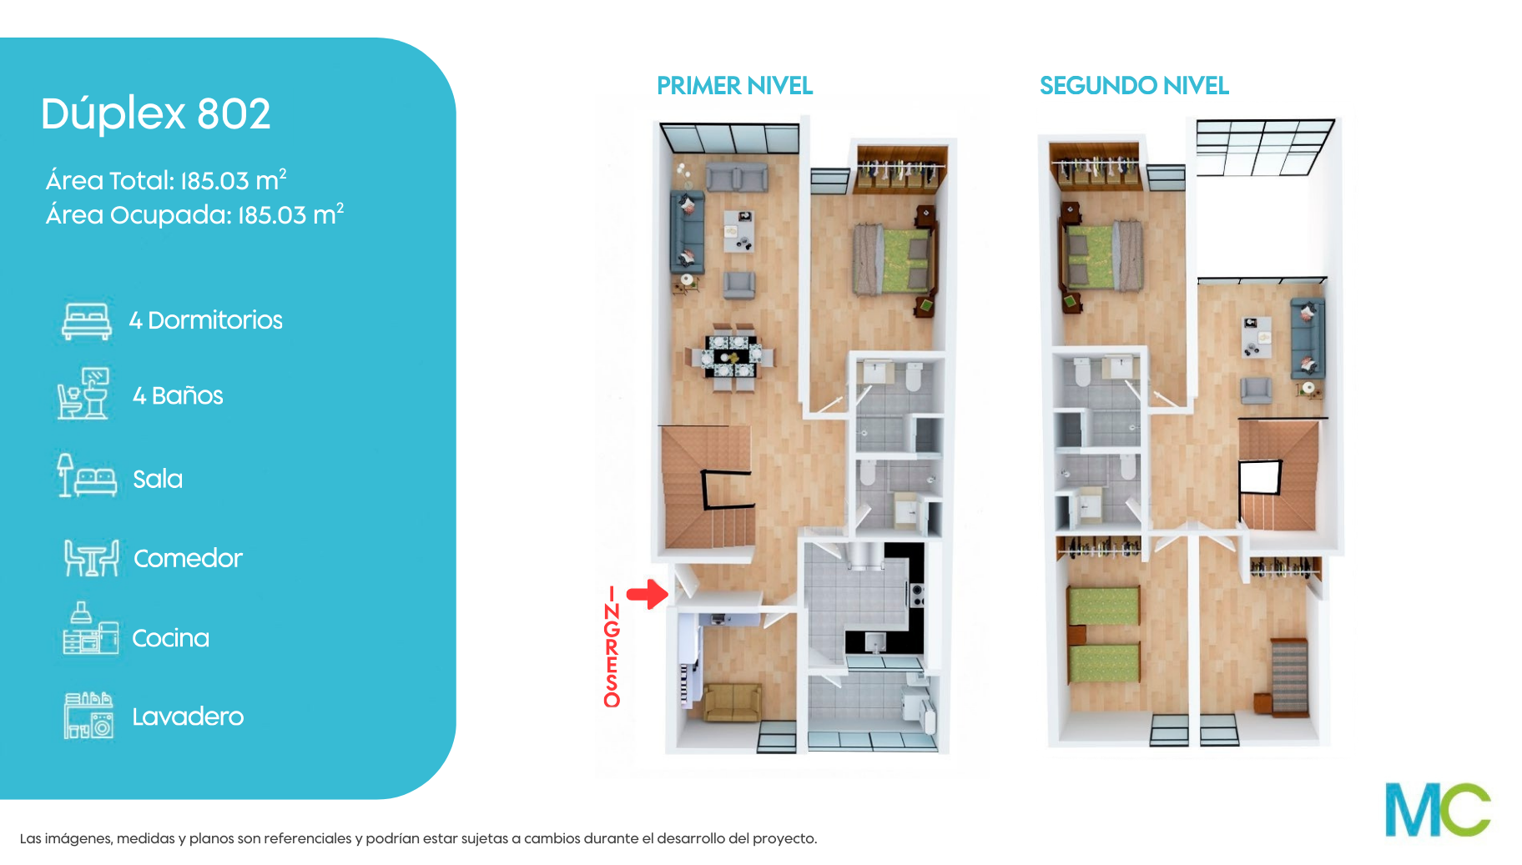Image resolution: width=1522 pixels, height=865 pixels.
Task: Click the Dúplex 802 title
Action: click(x=156, y=113)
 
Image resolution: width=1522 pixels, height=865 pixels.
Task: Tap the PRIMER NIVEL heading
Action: click(x=734, y=86)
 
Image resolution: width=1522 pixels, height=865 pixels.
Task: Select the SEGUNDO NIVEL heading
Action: click(x=1134, y=86)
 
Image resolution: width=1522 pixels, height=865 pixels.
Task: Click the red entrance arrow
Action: click(x=648, y=594)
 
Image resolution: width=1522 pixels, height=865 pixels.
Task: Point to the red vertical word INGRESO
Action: click(x=612, y=647)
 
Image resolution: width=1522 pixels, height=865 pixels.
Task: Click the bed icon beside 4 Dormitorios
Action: click(x=87, y=321)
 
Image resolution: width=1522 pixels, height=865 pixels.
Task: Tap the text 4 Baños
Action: click(x=178, y=395)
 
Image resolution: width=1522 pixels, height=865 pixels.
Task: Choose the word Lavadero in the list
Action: click(x=188, y=717)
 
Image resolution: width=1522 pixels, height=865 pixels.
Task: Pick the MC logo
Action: click(x=1438, y=809)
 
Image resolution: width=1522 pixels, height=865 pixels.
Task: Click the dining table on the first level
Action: click(x=732, y=356)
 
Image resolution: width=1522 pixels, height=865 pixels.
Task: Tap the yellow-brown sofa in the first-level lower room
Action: click(x=733, y=702)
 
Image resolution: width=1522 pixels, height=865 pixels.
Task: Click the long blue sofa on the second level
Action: click(x=1307, y=339)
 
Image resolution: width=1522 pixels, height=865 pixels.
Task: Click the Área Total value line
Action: click(x=166, y=180)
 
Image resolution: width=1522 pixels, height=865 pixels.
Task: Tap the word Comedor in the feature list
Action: click(x=188, y=558)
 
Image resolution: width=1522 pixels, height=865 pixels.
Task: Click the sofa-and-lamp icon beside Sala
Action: click(x=87, y=475)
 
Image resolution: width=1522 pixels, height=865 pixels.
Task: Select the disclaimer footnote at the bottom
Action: click(x=418, y=838)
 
